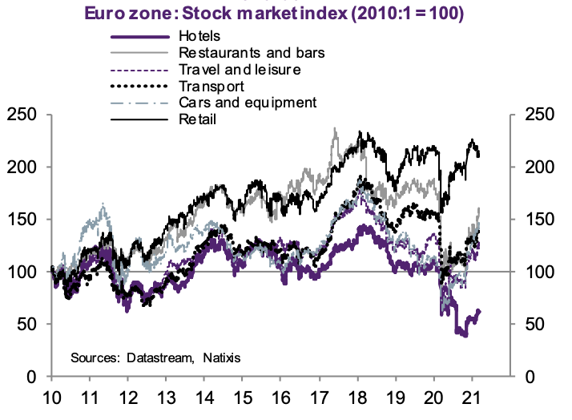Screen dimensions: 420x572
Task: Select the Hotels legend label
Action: [x=199, y=37]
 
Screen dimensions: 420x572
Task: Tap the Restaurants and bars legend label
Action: [x=245, y=53]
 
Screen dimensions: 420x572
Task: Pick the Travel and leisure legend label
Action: [x=240, y=70]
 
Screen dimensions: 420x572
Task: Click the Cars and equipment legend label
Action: [x=248, y=102]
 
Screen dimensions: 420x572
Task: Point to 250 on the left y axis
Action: [x=23, y=115]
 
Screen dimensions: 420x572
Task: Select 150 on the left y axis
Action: [x=23, y=220]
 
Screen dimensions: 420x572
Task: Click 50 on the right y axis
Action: [x=533, y=325]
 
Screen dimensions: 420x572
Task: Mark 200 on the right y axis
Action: [x=538, y=168]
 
